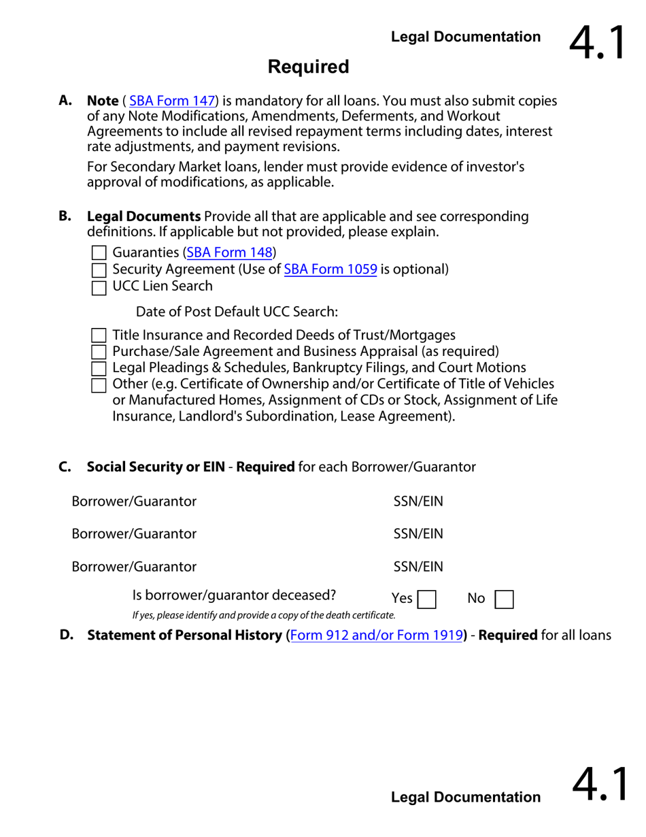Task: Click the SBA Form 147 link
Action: [172, 101]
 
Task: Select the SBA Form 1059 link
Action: [330, 269]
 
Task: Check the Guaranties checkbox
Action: [99, 253]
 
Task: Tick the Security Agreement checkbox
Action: [99, 270]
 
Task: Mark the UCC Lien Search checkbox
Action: [99, 287]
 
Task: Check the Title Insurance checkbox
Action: [99, 335]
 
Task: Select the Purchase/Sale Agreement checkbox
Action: [99, 352]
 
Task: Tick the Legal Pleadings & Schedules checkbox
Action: [99, 369]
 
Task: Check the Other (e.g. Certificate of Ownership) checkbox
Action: [99, 386]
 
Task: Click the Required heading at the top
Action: [308, 67]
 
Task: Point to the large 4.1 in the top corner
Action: [597, 42]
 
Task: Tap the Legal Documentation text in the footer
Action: [466, 797]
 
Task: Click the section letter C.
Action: [65, 467]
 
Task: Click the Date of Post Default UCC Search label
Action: [237, 312]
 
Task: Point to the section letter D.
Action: [66, 635]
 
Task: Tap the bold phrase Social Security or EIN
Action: [156, 467]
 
